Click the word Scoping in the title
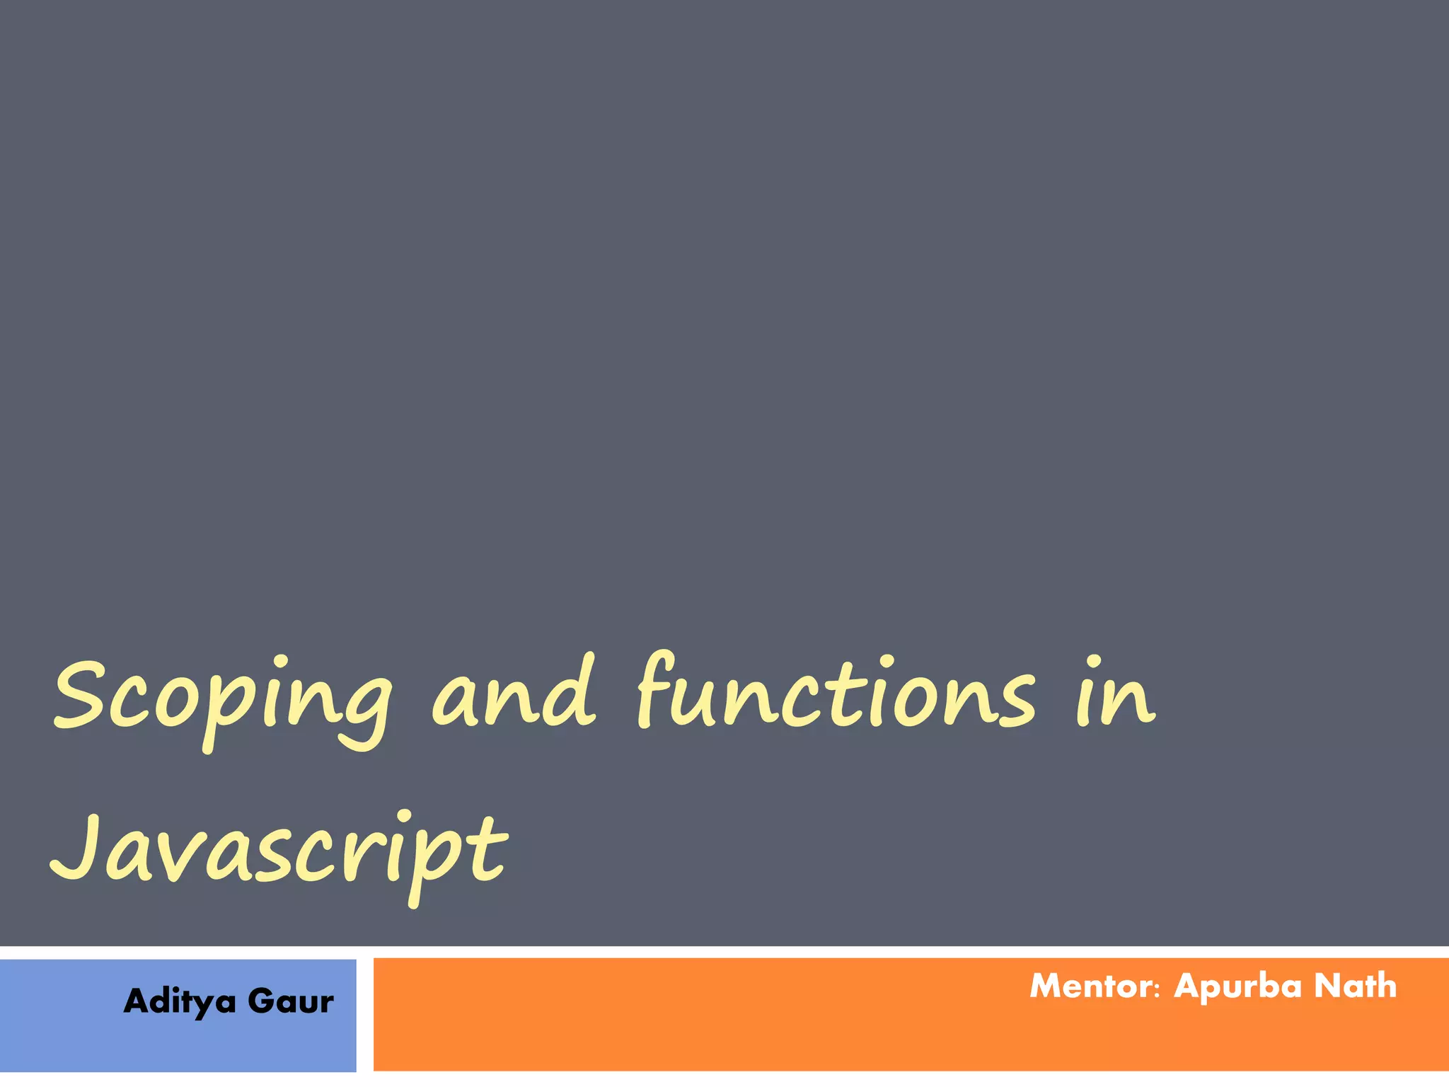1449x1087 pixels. coord(223,697)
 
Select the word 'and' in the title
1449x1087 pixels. coord(514,694)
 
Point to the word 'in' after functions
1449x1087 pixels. coord(1116,694)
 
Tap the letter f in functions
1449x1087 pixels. coord(654,690)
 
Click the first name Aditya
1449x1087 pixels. coord(180,1002)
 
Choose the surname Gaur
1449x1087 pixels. coord(290,1001)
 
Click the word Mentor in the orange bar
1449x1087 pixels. coord(1090,987)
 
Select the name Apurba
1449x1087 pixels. coord(1237,987)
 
